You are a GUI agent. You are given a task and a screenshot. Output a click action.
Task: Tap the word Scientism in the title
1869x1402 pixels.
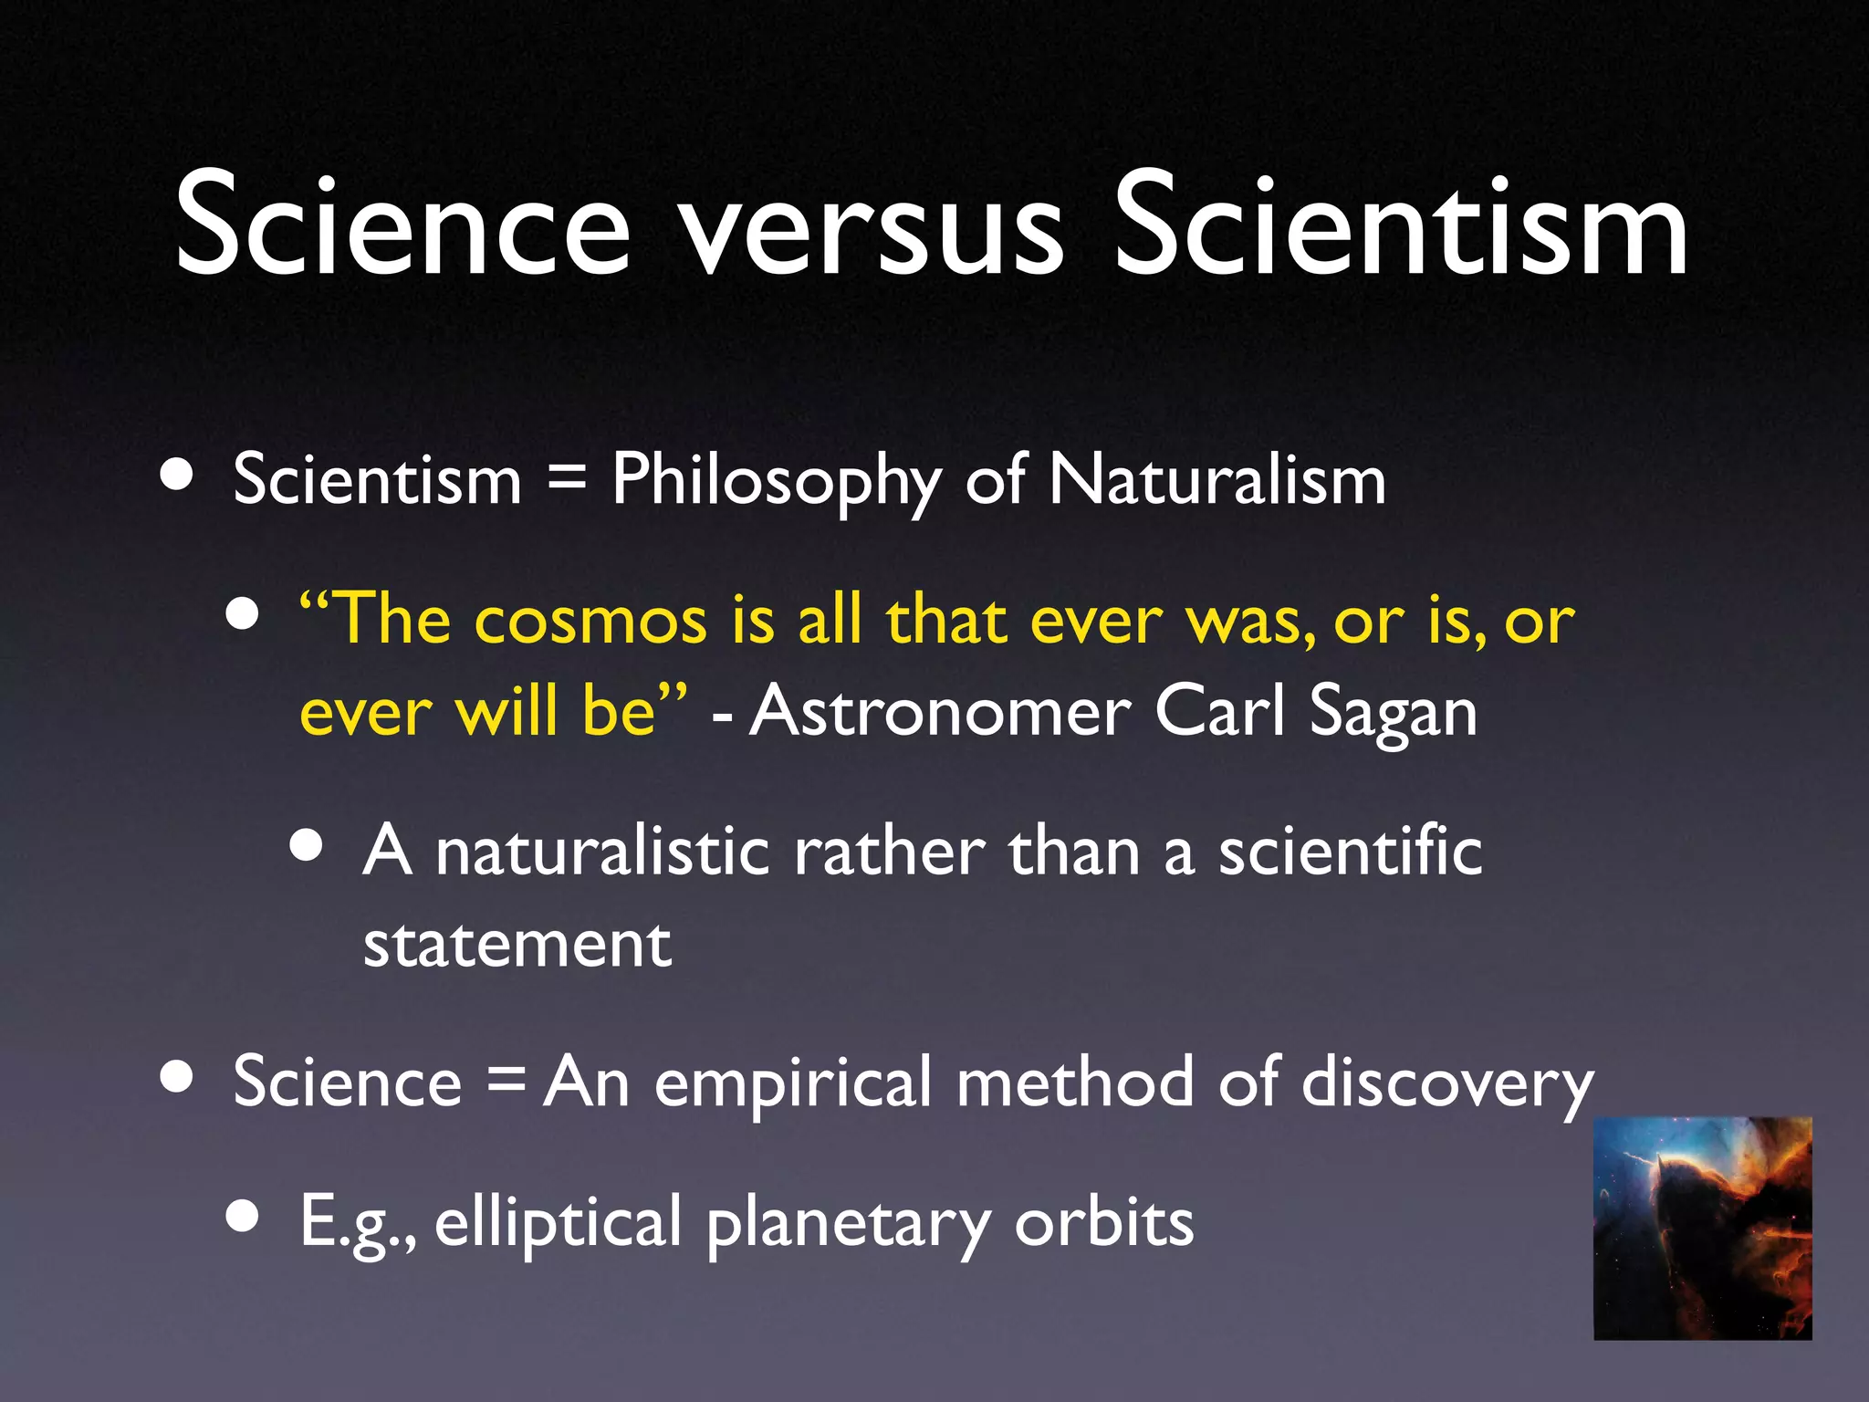click(x=1401, y=228)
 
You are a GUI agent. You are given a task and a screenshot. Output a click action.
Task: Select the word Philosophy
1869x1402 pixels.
click(x=776, y=482)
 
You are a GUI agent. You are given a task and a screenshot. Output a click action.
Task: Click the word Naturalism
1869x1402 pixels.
click(x=1217, y=480)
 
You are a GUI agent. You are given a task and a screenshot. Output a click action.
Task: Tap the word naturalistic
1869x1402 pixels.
click(x=602, y=853)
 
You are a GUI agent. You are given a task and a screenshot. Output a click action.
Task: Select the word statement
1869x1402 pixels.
click(x=517, y=946)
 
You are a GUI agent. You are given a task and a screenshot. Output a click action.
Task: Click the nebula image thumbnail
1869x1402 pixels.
click(x=1703, y=1229)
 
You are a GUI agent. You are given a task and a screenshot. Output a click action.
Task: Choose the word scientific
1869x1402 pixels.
click(x=1351, y=853)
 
